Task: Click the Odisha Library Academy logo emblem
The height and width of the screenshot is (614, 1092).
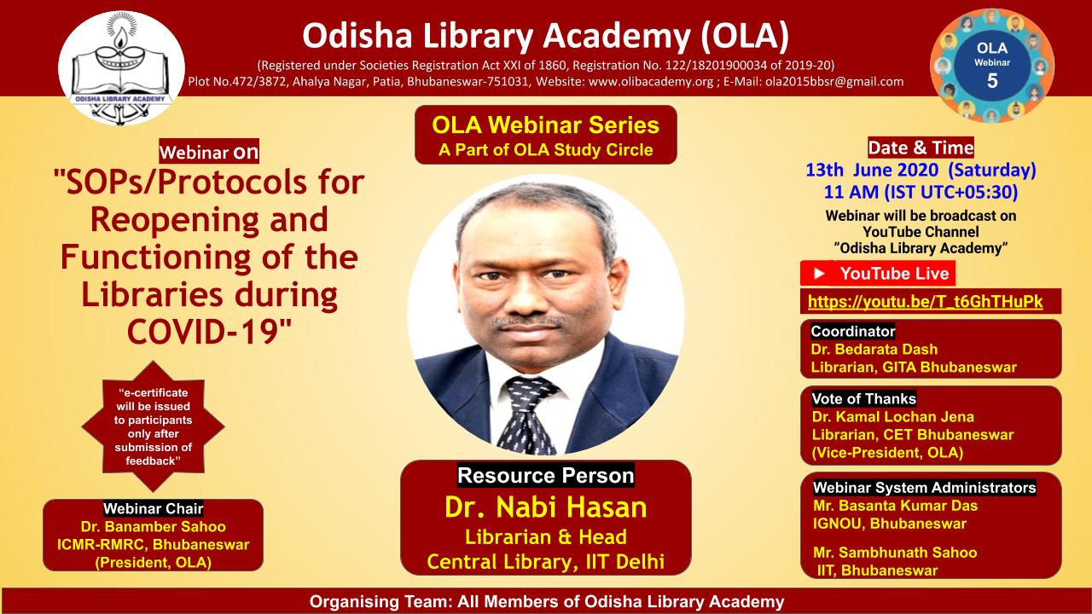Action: pos(121,69)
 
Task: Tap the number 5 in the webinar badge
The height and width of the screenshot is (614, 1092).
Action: pos(991,81)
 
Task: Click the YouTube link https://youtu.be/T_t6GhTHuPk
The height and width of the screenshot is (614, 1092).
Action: pos(921,301)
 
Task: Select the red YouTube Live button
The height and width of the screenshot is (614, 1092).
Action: pos(878,274)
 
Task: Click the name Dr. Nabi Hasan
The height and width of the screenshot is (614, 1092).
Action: pos(545,508)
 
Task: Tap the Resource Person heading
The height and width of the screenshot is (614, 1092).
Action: pos(545,475)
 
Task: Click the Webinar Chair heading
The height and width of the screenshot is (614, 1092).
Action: pos(153,509)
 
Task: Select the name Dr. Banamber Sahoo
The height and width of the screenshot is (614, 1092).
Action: pos(153,527)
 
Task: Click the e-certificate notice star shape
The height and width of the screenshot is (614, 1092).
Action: pos(154,426)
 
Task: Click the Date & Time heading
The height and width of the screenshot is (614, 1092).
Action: pos(920,148)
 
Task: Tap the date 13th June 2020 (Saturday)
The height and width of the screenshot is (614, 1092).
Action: pos(921,169)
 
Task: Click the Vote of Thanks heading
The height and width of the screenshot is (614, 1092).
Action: pos(863,398)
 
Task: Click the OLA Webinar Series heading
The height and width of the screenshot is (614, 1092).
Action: pos(545,125)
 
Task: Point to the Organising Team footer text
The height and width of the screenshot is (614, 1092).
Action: pos(546,602)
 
